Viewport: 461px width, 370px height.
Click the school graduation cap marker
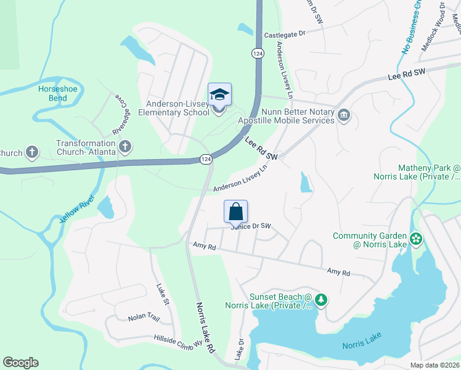coord(219,96)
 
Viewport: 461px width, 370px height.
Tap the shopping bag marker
coord(236,212)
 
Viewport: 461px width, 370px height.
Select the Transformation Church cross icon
coord(125,147)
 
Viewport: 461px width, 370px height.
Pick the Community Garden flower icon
coord(416,238)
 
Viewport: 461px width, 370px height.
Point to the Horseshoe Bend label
coord(52,93)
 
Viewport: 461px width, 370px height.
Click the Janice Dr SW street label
coord(251,226)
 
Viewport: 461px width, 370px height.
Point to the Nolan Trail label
coord(144,318)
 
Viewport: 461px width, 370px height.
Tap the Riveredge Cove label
coord(122,114)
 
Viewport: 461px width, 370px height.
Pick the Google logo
coord(20,363)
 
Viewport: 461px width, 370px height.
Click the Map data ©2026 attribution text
coord(434,365)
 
